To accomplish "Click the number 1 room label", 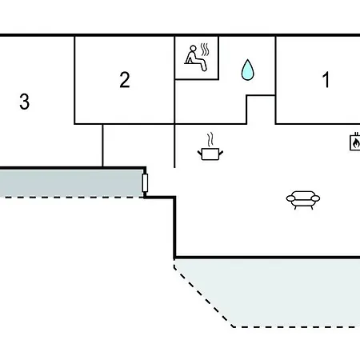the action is (326, 79).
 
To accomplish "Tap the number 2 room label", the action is (125, 79).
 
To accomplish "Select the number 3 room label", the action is (24, 102).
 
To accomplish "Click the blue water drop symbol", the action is (247, 70).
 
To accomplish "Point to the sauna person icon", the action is (195, 58).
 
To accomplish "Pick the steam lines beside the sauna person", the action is (205, 50).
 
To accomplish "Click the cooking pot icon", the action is (210, 154).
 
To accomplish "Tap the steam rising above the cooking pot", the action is (210, 139).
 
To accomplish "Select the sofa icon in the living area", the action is (303, 199).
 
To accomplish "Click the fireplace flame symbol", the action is (355, 143).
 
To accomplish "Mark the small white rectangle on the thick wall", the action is (145, 182).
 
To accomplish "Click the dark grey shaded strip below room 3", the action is (71, 183).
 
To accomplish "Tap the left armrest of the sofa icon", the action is (291, 198).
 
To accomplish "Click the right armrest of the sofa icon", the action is (315, 198).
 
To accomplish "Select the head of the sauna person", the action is (193, 49).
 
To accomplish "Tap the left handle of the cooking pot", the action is (200, 153).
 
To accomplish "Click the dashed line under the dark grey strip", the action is (71, 198).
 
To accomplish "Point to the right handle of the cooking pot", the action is (221, 153).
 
